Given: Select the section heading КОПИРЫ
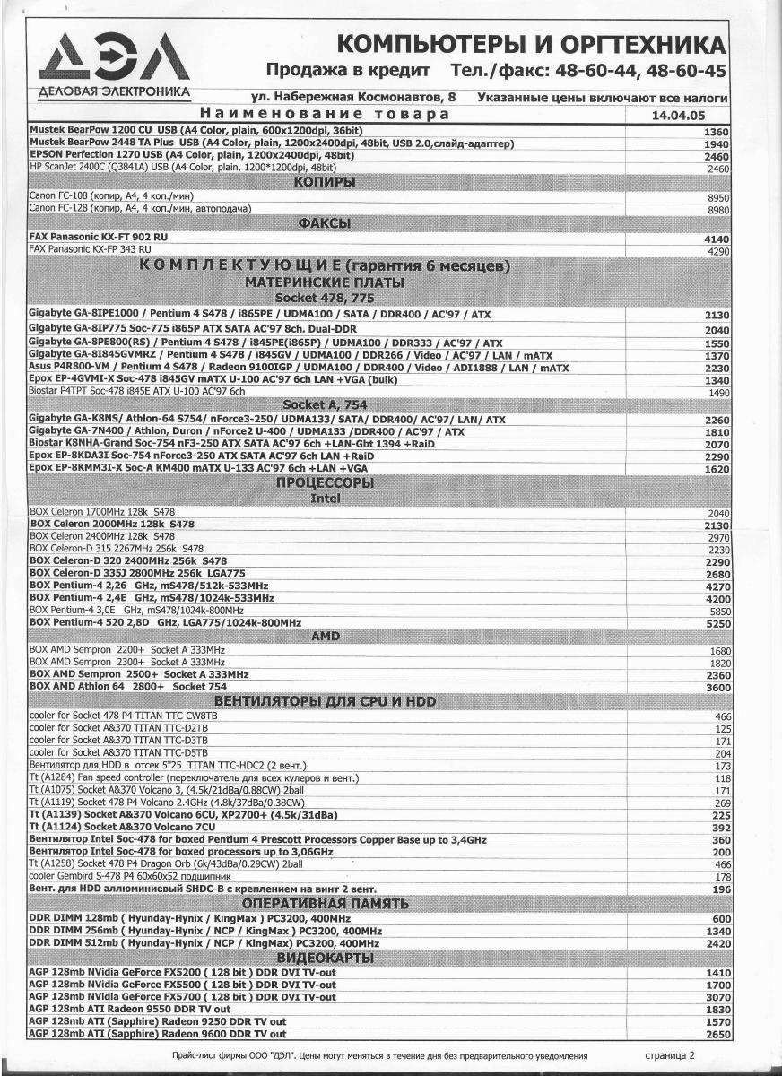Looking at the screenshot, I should (326, 183).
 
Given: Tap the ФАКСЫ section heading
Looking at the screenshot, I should (326, 223).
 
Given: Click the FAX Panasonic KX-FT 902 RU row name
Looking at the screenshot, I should (99, 237).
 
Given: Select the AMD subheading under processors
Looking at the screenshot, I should (325, 636).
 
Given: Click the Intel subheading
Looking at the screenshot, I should (325, 498).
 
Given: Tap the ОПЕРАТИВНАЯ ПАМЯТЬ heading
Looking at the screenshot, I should (325, 903).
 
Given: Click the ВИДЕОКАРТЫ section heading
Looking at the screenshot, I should (325, 958).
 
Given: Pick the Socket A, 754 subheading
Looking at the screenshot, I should (325, 405).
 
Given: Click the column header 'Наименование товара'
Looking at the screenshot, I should (324, 115).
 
